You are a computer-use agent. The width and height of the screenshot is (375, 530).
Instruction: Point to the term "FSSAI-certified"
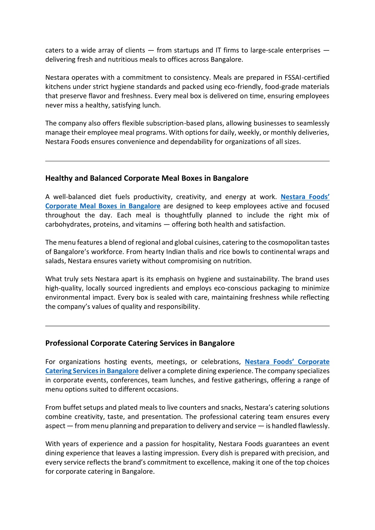click(307, 78)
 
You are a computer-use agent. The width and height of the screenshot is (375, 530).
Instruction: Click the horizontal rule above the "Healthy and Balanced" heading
click(187, 161)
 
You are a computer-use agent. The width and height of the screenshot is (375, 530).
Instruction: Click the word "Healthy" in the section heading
click(59, 178)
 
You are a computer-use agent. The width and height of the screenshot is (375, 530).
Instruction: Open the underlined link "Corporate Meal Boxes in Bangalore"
click(103, 206)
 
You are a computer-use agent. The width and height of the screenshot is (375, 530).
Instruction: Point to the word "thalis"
click(198, 252)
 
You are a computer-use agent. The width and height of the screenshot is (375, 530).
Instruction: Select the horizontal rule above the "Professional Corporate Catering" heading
click(187, 326)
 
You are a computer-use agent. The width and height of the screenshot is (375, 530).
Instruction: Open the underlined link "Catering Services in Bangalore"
click(92, 371)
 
